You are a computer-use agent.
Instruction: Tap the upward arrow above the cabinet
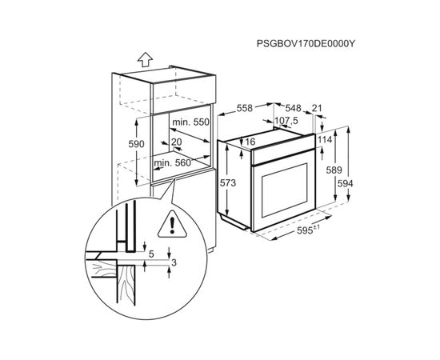pyautogui.click(x=144, y=58)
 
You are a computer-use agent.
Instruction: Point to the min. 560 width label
pyautogui.click(x=174, y=162)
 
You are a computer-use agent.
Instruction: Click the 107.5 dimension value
pyautogui.click(x=286, y=122)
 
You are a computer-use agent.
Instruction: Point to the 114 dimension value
pyautogui.click(x=326, y=141)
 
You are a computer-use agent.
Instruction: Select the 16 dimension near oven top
pyautogui.click(x=250, y=142)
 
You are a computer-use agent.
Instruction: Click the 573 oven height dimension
pyautogui.click(x=229, y=183)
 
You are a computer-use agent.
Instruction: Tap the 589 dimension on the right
pyautogui.click(x=334, y=170)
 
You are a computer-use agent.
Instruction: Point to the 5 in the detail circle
pyautogui.click(x=151, y=254)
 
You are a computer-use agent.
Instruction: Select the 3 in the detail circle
pyautogui.click(x=174, y=262)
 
